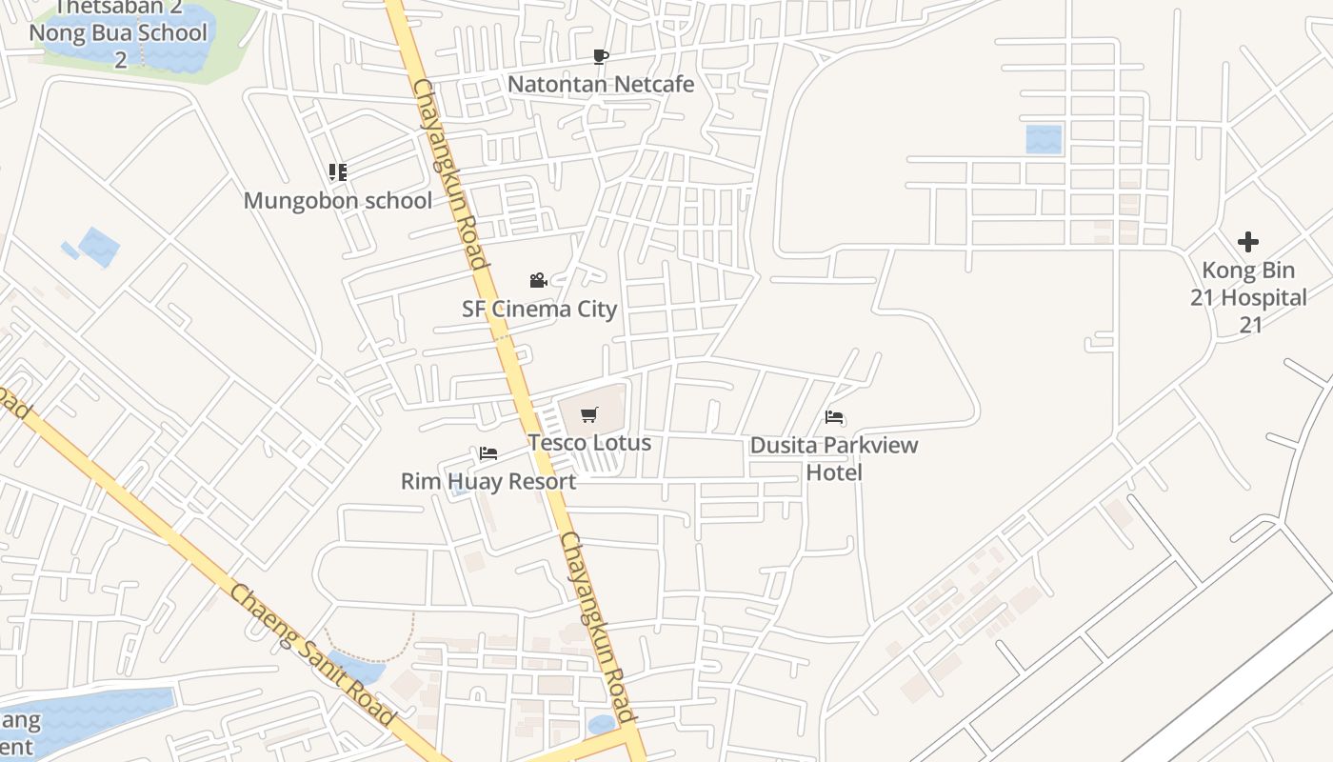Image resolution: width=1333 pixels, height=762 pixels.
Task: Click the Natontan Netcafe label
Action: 601,84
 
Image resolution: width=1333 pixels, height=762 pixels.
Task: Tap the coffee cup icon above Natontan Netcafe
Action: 600,57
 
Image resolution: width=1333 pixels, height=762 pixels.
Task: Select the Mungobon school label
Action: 338,200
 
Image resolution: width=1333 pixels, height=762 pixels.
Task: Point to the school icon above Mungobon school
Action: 337,172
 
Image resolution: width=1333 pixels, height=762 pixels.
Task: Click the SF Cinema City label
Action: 539,309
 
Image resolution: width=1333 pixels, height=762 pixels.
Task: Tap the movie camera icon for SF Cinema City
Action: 538,280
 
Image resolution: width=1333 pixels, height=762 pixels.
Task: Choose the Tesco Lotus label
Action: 589,442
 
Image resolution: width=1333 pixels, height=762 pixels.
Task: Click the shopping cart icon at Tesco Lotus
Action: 589,414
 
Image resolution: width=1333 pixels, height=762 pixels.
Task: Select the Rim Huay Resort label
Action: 487,481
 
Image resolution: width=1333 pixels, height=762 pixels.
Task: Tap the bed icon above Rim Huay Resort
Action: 488,453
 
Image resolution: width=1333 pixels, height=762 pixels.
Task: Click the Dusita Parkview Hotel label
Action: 834,458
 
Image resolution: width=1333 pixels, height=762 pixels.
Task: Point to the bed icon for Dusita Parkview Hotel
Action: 835,417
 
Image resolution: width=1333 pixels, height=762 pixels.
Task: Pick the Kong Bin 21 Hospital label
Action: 1248,297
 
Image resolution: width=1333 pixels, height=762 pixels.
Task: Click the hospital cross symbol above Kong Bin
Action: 1248,242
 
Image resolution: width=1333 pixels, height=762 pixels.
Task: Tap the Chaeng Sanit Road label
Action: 311,655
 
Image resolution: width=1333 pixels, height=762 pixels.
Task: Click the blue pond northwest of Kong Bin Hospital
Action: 1044,139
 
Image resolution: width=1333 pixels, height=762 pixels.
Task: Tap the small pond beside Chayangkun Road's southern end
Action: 602,725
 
